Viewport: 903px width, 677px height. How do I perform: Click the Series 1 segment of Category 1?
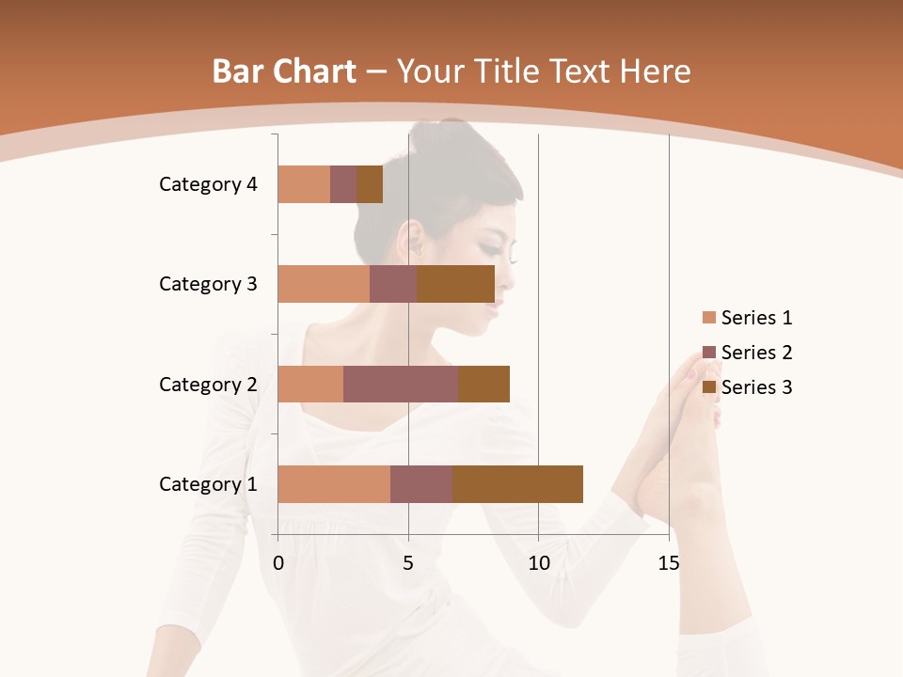click(x=334, y=484)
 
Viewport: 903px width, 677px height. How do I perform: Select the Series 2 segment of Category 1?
click(x=421, y=484)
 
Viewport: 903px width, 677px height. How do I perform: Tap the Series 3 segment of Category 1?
click(x=517, y=484)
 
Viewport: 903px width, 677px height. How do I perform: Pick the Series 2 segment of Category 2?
click(x=401, y=384)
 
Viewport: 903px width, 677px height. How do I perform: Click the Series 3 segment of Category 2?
click(x=483, y=384)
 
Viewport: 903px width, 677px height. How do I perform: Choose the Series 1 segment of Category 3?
click(x=324, y=284)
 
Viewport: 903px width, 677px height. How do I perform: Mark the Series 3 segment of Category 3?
click(x=455, y=284)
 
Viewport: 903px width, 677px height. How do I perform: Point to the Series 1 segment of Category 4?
click(x=304, y=184)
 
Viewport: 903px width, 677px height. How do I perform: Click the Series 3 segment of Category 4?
click(x=370, y=184)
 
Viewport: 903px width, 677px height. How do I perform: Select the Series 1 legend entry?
click(x=747, y=318)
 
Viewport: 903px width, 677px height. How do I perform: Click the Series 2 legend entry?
click(x=747, y=353)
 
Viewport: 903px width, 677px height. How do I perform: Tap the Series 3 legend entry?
click(x=747, y=387)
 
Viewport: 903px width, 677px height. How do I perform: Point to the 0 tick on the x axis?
click(x=278, y=563)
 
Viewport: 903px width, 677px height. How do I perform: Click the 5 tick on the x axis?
click(x=408, y=563)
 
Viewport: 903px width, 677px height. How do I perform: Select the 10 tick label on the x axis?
click(x=538, y=563)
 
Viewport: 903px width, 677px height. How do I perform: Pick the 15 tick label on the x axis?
click(x=669, y=563)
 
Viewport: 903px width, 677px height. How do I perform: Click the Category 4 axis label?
click(x=208, y=184)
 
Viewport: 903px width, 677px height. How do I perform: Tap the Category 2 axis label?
click(x=208, y=384)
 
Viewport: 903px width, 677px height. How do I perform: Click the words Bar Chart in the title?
click(x=284, y=71)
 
